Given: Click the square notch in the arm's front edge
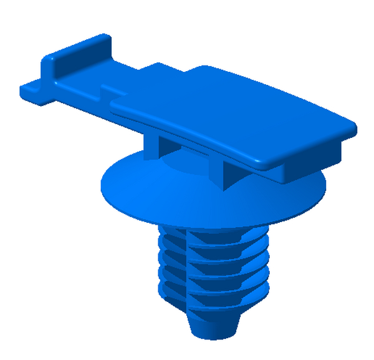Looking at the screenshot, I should (x=107, y=91).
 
